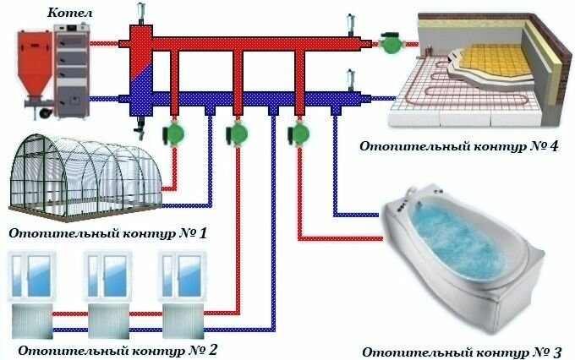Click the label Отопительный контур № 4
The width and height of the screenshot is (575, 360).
pos(460,145)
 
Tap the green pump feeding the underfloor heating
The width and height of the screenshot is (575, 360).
pos(391,42)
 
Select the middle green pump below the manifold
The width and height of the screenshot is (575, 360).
pos(236,134)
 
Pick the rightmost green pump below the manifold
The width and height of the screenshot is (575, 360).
pos(298,134)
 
